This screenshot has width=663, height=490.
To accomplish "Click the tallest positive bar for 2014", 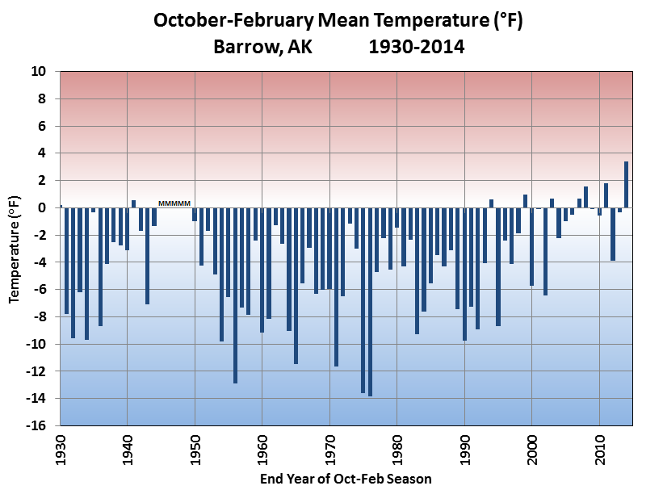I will [x=626, y=184].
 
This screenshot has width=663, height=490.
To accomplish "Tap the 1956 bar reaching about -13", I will [x=235, y=295].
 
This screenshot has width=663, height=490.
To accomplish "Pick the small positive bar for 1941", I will [x=133, y=203].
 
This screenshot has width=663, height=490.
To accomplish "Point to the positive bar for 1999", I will [x=525, y=201].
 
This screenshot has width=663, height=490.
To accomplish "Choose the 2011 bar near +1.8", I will [x=606, y=195].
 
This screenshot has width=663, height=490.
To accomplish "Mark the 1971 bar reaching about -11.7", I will [x=336, y=287].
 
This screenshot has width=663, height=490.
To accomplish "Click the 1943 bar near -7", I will [x=147, y=255].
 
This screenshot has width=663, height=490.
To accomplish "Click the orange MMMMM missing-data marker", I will [x=174, y=203].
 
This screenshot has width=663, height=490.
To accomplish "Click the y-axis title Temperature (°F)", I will [x=14, y=249].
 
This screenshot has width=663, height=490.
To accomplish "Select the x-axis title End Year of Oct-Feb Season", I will [x=346, y=479].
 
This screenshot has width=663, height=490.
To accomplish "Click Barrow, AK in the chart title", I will [x=262, y=46].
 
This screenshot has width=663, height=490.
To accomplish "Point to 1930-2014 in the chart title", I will [x=416, y=46].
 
